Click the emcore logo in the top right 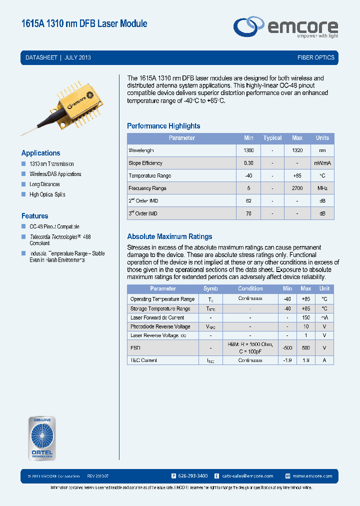[286, 27]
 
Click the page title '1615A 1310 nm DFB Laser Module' [84, 23]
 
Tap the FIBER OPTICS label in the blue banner [315, 57]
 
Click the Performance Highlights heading [163, 126]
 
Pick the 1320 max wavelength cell [297, 150]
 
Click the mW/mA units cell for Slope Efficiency [322, 163]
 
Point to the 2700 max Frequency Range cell [297, 188]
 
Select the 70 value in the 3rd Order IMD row [248, 213]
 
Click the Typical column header [272, 138]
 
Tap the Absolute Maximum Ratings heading [169, 236]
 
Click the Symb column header [210, 288]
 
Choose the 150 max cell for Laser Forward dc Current [305, 317]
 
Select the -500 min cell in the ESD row [287, 348]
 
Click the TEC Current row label [143, 360]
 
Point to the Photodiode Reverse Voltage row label [160, 326]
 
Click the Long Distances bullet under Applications [44, 184]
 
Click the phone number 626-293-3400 [192, 476]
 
